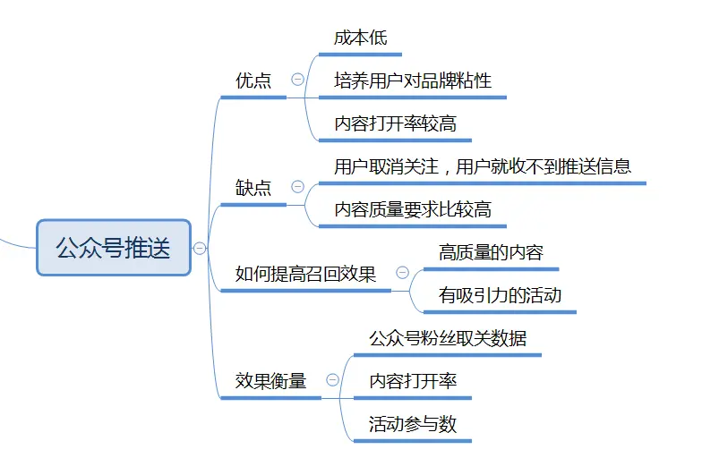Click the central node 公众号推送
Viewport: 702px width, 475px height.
coord(114,248)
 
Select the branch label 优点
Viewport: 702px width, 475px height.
coord(253,81)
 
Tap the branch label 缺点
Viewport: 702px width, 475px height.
coord(253,188)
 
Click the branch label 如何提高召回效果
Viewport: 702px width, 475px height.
coord(305,274)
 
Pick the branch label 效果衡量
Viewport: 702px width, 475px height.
coord(270,381)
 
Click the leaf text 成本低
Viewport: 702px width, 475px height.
coord(361,38)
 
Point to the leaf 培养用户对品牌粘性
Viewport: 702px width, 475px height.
coord(413,81)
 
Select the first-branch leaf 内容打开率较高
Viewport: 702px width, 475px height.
coord(395,123)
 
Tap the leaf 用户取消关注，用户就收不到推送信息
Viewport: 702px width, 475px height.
coord(482,166)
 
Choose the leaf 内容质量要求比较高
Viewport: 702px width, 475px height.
coord(413,209)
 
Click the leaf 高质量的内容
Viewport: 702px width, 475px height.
coord(491,252)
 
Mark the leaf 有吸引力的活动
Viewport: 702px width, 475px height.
coord(500,295)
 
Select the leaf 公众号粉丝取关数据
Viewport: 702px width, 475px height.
coord(448,338)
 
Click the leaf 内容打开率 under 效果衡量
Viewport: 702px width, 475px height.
coord(413,381)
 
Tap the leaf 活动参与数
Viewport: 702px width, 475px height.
coord(413,424)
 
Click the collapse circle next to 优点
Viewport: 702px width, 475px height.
coord(297,80)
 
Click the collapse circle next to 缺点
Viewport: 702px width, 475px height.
coord(297,187)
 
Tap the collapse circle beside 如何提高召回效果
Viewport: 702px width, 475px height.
coord(402,273)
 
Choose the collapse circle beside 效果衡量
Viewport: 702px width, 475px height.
coord(332,380)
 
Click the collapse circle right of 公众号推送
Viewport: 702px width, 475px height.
coord(200,248)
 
